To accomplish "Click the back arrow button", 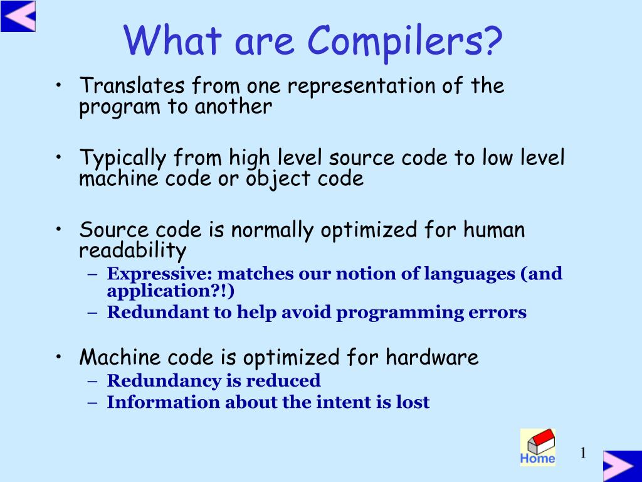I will click(x=18, y=16).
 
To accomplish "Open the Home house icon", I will click(x=537, y=447).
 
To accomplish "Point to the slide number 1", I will click(x=582, y=453).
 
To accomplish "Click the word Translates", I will click(x=132, y=85).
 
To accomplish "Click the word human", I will click(x=494, y=230).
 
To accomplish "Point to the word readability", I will click(x=132, y=251).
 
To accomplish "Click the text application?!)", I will click(x=170, y=291).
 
